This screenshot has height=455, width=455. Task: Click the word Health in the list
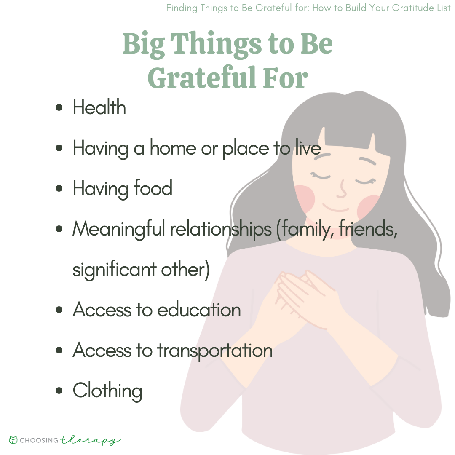pos(99,107)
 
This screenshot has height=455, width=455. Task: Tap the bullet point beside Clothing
pos(59,390)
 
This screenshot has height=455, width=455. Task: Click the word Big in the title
pos(144,44)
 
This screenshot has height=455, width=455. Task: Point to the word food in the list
pos(153,187)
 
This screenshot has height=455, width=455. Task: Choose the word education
pos(199,309)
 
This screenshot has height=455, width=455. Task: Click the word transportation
pos(215,351)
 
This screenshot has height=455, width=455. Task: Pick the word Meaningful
pos(119,229)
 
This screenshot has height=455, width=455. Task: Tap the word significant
pos(114,270)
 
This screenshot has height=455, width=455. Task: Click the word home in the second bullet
pos(173,148)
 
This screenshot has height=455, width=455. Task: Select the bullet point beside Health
pos(59,107)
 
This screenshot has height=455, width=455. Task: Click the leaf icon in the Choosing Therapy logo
pos(13,440)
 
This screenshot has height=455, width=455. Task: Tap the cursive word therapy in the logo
pos(91,441)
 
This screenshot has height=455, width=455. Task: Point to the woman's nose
pos(342,189)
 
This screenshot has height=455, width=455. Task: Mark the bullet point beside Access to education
pos(59,310)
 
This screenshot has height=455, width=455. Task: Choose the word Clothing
pos(108,391)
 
